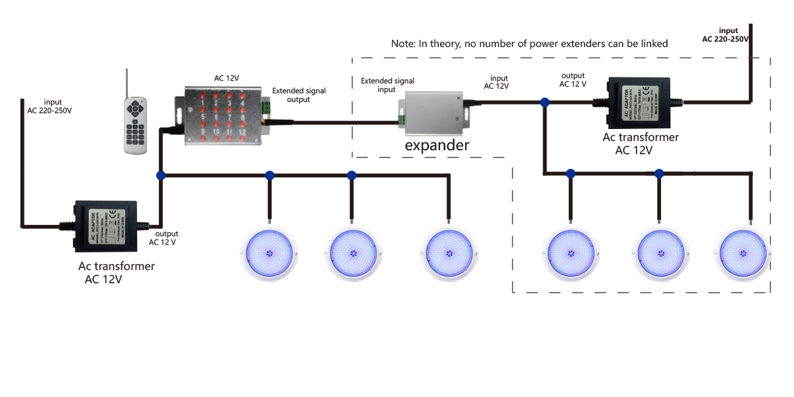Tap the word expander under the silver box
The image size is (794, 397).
[437, 145]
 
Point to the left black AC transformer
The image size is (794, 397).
[106, 226]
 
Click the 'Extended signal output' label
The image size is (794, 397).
[300, 95]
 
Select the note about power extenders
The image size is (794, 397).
[529, 44]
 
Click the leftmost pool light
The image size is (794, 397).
[271, 253]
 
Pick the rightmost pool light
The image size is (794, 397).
[746, 253]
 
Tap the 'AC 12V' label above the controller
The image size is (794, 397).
[227, 78]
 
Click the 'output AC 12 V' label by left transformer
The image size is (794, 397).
[166, 238]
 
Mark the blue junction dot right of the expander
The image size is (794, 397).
[545, 103]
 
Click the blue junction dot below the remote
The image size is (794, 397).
[160, 175]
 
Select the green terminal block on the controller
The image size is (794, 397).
[266, 107]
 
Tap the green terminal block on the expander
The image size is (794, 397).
[401, 118]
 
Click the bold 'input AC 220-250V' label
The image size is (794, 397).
[725, 35]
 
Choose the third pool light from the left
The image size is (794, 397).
[449, 253]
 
